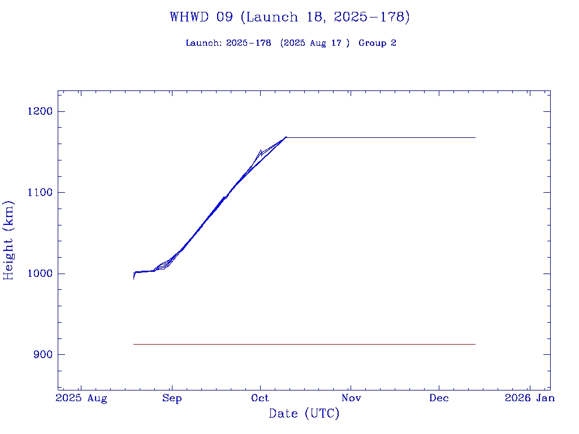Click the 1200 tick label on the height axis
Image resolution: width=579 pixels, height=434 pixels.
[40, 111]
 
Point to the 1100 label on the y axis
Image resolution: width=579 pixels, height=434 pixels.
[40, 193]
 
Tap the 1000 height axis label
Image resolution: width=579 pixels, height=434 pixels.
[40, 274]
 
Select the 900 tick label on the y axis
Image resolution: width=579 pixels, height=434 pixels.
[43, 355]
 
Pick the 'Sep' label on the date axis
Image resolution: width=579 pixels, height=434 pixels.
[171, 398]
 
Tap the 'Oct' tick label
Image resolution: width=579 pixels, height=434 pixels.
[260, 398]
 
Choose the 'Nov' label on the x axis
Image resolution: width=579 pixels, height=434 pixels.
[351, 398]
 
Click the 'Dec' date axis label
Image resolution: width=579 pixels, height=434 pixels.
[439, 398]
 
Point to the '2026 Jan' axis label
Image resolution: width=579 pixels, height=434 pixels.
[530, 398]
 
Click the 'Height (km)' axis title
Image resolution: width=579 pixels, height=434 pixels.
[9, 240]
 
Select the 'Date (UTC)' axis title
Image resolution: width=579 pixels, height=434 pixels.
[304, 414]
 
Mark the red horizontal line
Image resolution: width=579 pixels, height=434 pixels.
[304, 344]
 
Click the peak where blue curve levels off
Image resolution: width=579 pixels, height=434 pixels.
[286, 137]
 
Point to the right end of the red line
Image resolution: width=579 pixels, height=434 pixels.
[475, 344]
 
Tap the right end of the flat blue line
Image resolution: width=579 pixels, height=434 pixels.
[475, 137]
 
